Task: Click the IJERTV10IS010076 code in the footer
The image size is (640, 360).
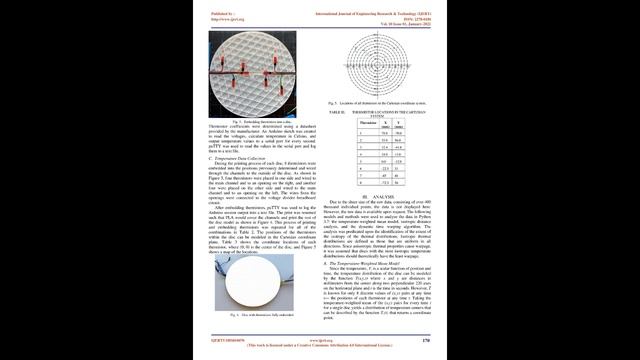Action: point(228,338)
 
